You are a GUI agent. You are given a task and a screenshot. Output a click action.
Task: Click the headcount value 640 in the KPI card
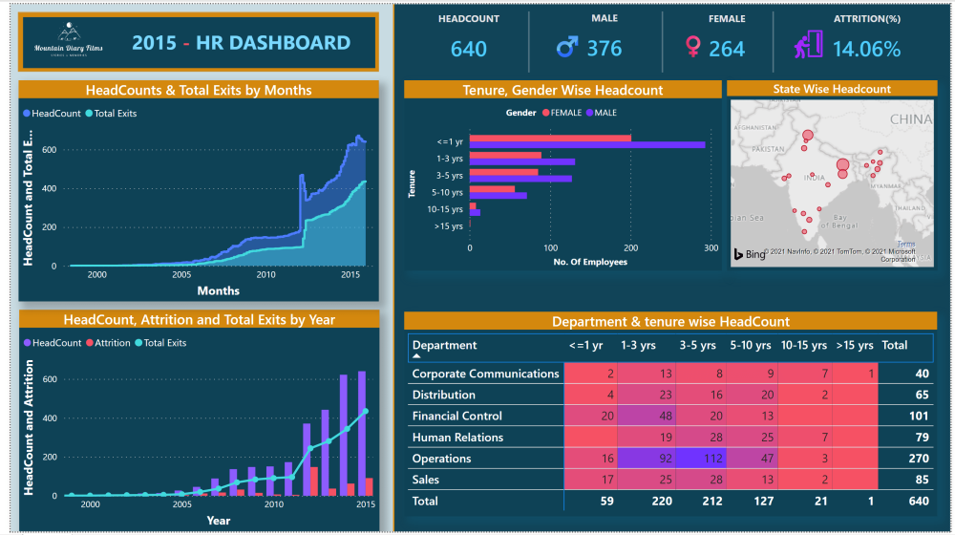[468, 49]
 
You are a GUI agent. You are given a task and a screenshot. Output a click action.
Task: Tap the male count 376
[604, 49]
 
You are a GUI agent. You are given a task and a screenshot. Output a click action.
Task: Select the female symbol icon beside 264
[693, 48]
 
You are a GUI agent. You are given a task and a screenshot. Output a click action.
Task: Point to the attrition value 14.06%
[865, 49]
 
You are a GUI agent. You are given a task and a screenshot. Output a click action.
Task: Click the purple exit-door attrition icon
[808, 46]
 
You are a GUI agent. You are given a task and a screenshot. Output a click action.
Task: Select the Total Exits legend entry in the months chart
[111, 114]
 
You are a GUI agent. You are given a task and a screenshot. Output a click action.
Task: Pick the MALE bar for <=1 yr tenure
[587, 144]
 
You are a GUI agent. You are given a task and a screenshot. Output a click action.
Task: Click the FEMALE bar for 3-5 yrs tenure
[503, 172]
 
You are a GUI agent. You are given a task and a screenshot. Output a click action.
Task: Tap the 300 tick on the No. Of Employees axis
[711, 247]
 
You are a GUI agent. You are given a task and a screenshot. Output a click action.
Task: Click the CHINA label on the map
[910, 120]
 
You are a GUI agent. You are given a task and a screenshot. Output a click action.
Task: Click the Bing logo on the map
[751, 253]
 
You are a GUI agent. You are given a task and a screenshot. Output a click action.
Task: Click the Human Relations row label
[457, 438]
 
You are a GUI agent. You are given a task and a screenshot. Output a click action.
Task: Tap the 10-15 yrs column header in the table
[802, 345]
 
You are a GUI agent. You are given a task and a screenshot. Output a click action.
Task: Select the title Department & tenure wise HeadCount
[670, 322]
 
